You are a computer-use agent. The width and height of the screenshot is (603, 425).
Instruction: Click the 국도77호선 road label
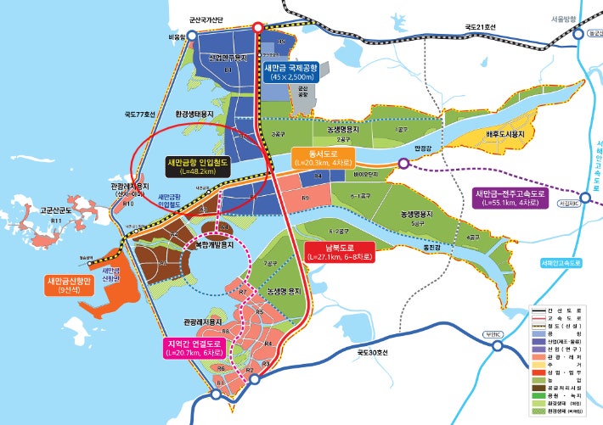pos(138,114)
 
